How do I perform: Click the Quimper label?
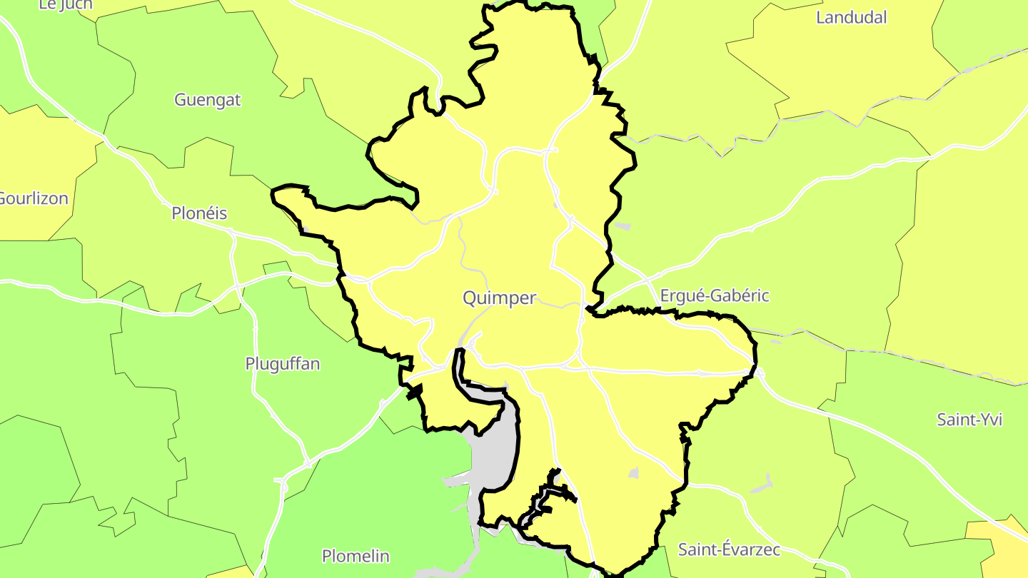tap(499, 298)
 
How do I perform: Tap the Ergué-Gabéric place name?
tap(714, 295)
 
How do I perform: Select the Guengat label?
tap(208, 100)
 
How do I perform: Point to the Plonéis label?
tap(199, 213)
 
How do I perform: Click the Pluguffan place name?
tap(282, 363)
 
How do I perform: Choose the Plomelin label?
tap(356, 556)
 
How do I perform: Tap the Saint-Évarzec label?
tap(729, 549)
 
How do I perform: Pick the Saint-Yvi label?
tap(969, 420)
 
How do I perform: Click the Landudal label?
tap(851, 17)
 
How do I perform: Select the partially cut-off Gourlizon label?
tap(33, 198)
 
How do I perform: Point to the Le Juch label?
tap(66, 5)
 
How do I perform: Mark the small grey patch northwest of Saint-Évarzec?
tap(633, 472)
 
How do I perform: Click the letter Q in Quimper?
tap(470, 298)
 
